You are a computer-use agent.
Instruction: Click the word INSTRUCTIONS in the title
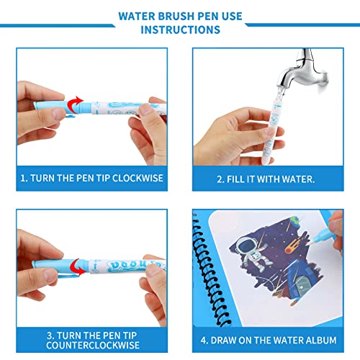pos(180,30)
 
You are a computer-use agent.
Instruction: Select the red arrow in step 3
pos(78,267)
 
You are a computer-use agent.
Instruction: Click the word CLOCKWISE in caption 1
pos(138,178)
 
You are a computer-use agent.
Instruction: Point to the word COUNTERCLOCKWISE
pos(93,345)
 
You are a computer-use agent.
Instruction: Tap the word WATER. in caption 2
pos(298,179)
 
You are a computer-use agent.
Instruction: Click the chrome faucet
pos(302,70)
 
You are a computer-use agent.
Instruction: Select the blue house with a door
pos(303,278)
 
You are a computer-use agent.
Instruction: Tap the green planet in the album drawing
pos(295,220)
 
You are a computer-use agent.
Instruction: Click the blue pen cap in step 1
pos(52,108)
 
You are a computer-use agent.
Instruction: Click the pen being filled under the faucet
pos(273,130)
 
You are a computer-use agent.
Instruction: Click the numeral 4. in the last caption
pos(204,341)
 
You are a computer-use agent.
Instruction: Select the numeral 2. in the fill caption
pos(220,179)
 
